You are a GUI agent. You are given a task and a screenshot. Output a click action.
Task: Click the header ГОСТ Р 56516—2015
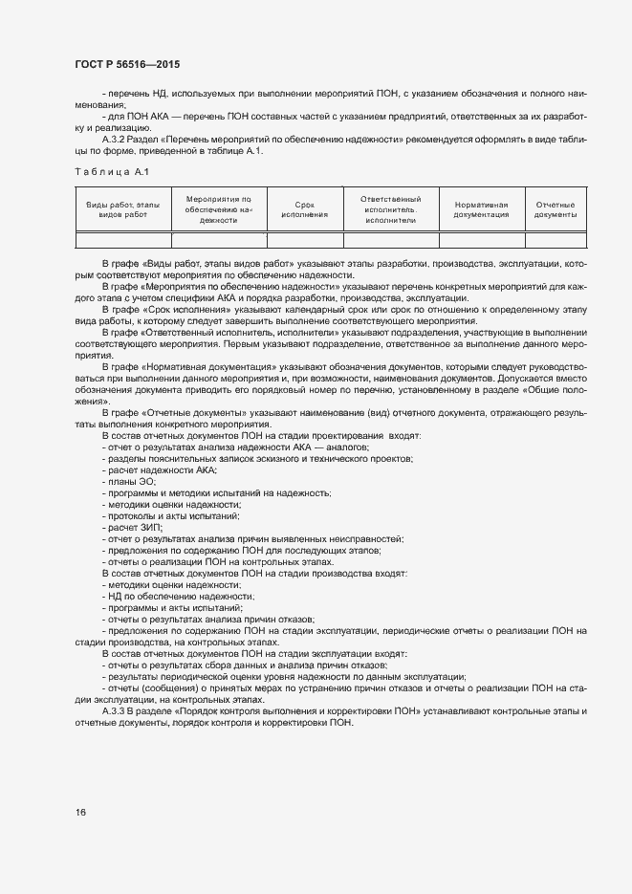click(127, 64)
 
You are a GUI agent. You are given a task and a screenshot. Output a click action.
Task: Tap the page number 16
click(80, 812)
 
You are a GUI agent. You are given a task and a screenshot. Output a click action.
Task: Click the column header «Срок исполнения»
click(305, 209)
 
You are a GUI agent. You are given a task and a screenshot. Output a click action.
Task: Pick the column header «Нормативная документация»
click(481, 209)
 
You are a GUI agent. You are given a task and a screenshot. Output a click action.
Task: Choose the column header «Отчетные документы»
click(554, 209)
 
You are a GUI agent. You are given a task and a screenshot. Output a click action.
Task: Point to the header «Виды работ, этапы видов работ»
click(122, 209)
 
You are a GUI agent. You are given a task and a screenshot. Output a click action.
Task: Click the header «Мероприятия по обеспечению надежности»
click(218, 209)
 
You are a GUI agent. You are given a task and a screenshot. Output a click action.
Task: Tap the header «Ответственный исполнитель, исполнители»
click(390, 209)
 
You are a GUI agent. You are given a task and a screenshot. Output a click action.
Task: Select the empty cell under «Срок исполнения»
click(305, 241)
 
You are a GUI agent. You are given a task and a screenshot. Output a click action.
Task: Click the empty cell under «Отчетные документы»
click(554, 241)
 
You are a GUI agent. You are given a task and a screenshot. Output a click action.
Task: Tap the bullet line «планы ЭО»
click(128, 482)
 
